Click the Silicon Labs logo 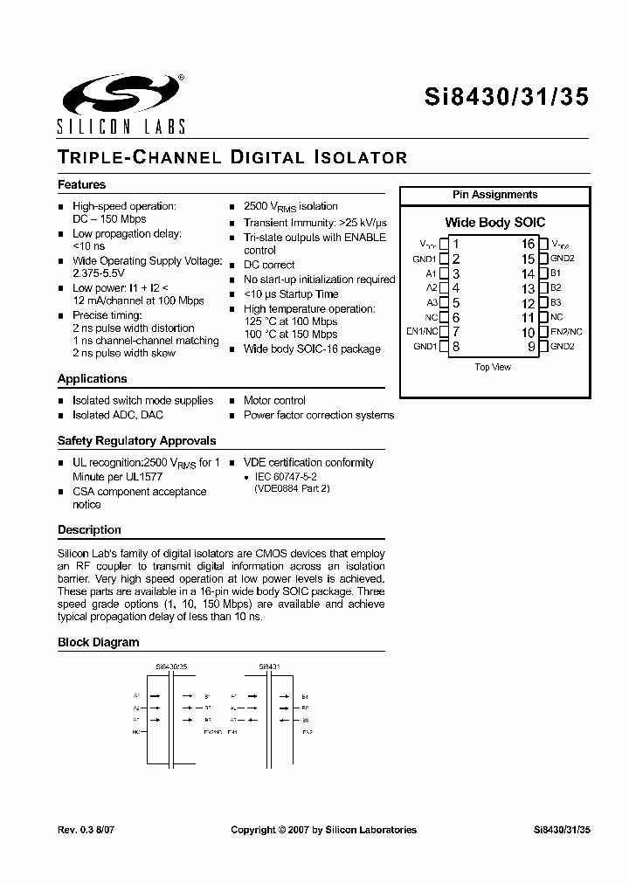coord(121,103)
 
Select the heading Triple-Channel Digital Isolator coord(232,158)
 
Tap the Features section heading coord(81,185)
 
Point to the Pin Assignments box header coord(494,195)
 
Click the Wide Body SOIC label coord(494,223)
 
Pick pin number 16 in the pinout coord(528,244)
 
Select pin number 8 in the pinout coord(455,346)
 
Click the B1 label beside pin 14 coord(556,273)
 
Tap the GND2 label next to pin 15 coord(563,259)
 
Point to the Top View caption coord(493,368)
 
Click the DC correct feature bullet coord(269,265)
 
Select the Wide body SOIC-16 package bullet coord(312,349)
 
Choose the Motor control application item coord(274,401)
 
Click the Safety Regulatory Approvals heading coord(136,441)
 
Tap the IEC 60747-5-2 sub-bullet coord(286,477)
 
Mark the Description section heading coord(89,530)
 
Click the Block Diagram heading coord(98,643)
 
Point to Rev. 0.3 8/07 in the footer coord(86,830)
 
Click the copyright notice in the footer coord(323,830)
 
